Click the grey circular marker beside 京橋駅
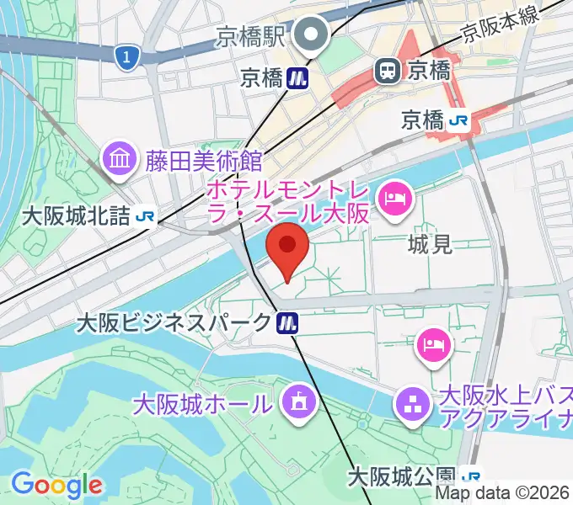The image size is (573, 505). [x=315, y=35]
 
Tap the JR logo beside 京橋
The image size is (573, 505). [x=459, y=120]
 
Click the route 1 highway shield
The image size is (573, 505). [x=126, y=56]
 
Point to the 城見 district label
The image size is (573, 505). [x=429, y=245]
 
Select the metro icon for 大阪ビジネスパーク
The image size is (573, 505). [x=288, y=322]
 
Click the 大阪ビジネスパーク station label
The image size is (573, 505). [x=174, y=322]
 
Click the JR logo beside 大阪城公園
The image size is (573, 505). [x=474, y=477]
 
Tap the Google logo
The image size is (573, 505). [x=56, y=485]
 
